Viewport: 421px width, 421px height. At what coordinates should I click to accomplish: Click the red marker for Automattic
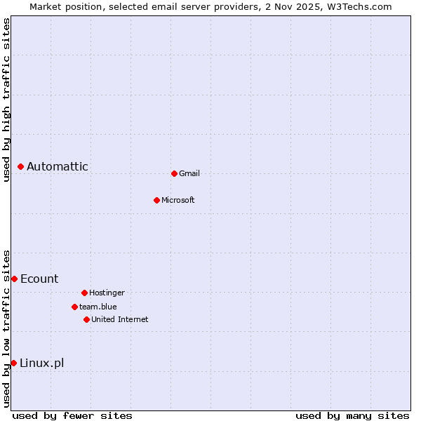click(x=21, y=166)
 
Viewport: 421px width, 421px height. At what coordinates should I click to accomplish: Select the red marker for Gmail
click(x=174, y=173)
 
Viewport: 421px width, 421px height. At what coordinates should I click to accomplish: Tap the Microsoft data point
click(x=156, y=200)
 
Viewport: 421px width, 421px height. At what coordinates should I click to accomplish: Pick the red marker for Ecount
click(x=14, y=279)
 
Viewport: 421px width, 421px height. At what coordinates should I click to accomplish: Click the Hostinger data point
click(x=84, y=293)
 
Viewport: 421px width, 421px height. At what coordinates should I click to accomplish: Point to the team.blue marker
click(x=74, y=307)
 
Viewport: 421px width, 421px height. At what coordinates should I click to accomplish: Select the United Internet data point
click(x=86, y=319)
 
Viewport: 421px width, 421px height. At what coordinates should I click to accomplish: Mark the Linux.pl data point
click(x=13, y=363)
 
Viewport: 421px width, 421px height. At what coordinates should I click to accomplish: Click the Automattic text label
click(x=58, y=166)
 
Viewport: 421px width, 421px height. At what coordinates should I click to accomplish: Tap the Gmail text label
click(x=189, y=173)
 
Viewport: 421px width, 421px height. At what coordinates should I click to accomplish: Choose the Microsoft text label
click(x=178, y=200)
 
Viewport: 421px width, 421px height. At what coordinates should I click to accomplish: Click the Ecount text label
click(x=39, y=279)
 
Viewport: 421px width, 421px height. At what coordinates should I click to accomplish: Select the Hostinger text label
click(x=107, y=293)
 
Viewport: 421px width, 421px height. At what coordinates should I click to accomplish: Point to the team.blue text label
click(x=98, y=307)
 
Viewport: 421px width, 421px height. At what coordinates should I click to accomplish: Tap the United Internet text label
click(x=120, y=319)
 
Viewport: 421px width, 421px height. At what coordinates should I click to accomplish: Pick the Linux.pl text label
click(x=41, y=363)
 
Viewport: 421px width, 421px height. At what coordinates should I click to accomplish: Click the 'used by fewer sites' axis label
click(x=72, y=415)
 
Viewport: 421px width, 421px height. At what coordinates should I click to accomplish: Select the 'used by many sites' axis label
click(x=352, y=415)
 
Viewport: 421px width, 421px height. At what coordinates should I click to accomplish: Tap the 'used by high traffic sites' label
click(x=6, y=100)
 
